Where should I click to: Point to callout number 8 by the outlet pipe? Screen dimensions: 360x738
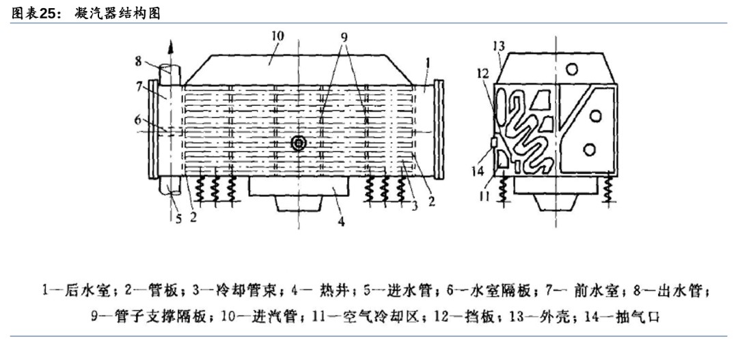pos(139,60)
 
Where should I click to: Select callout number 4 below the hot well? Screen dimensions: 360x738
pos(342,221)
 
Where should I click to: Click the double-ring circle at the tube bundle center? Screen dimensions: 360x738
pos(298,143)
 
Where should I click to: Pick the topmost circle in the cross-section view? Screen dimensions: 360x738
pos(572,70)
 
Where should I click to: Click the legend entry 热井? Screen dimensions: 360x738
pos(330,290)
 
